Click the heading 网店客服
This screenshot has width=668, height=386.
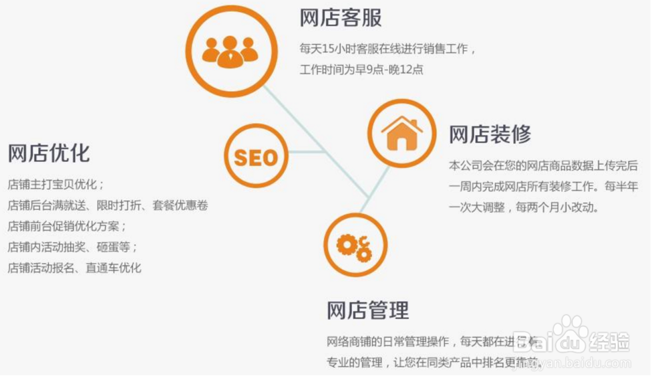click(341, 17)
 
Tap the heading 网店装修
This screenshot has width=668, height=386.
click(490, 134)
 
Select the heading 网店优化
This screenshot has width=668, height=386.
click(48, 153)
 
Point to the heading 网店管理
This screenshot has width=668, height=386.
click(367, 310)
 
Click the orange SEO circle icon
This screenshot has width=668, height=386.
click(255, 157)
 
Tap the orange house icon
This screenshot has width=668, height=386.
click(401, 132)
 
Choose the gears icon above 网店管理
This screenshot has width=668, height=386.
click(355, 246)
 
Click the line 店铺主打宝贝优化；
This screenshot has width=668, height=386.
click(56, 184)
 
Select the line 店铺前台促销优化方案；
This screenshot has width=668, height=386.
click(67, 225)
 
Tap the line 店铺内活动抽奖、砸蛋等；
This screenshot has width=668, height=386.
click(73, 247)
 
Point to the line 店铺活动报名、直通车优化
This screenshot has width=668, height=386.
click(75, 268)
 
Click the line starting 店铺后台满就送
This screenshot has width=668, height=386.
click(108, 205)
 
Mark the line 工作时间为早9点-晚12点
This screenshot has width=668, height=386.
click(361, 70)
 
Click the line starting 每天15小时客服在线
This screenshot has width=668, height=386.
click(388, 49)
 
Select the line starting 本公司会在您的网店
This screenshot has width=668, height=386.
click(543, 165)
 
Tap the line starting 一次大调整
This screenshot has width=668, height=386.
click(524, 207)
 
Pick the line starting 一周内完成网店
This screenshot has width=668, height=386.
click(543, 186)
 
